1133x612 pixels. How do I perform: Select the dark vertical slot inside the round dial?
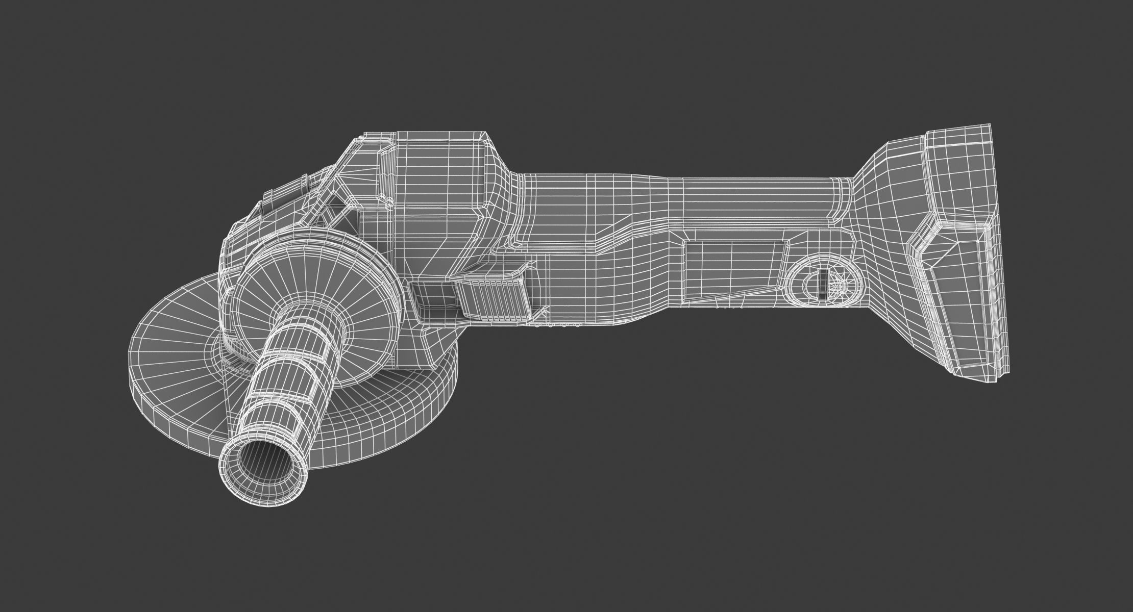pyautogui.click(x=822, y=285)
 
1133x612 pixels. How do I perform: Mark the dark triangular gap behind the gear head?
pyautogui.click(x=342, y=204)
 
